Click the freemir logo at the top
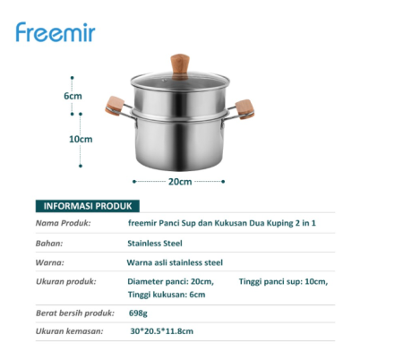coord(55,32)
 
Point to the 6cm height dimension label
coord(73,96)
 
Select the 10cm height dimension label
coord(81,139)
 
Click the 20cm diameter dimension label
coord(180,182)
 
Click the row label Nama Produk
coord(64,223)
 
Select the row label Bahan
coord(49,243)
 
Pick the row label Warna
coord(50,262)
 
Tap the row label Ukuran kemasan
coord(70,331)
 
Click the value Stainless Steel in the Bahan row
coord(155,243)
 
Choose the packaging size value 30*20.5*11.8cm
coord(161,331)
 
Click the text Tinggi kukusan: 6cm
coord(167,295)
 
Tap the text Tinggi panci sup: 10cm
coord(283,282)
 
